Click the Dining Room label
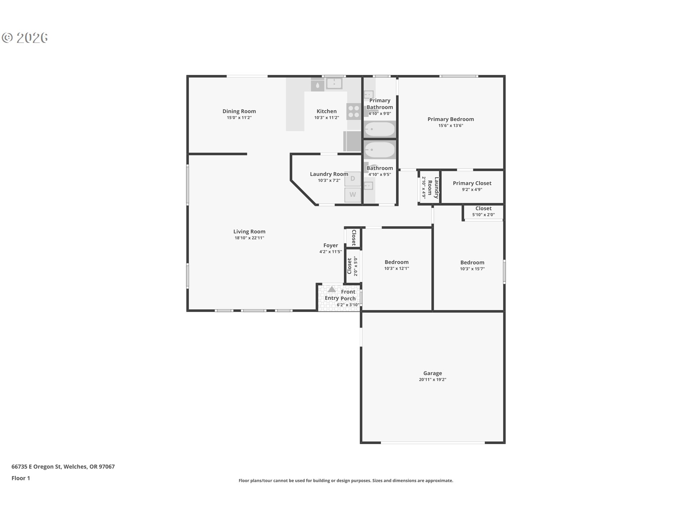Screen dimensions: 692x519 coord(239,111)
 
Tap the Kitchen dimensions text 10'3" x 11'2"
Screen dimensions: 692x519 coord(327,118)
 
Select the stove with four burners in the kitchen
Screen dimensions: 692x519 coord(354,111)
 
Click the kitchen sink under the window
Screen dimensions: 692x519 coord(334,84)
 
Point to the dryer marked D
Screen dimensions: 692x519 coord(352,178)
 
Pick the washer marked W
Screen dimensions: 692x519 coord(352,195)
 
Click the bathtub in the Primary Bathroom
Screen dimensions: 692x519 coord(380,129)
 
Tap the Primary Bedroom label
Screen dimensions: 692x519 coord(451,119)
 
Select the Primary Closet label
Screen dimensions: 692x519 coord(472,183)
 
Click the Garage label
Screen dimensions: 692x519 coord(432,373)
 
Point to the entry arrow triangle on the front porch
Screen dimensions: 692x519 coord(332,289)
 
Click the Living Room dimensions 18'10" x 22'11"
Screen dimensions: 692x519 coord(249,238)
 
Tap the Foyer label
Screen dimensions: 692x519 coord(331,245)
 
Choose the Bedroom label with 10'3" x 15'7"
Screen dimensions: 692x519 coord(472,263)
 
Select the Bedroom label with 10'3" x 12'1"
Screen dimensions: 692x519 coord(396,262)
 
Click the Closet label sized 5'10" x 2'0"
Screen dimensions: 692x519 coord(483,209)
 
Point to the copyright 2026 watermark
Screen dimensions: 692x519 coord(25,38)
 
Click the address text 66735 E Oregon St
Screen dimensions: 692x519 coord(36,467)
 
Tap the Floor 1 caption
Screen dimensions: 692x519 coord(21,478)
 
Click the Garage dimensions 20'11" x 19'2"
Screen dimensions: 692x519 coord(432,380)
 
